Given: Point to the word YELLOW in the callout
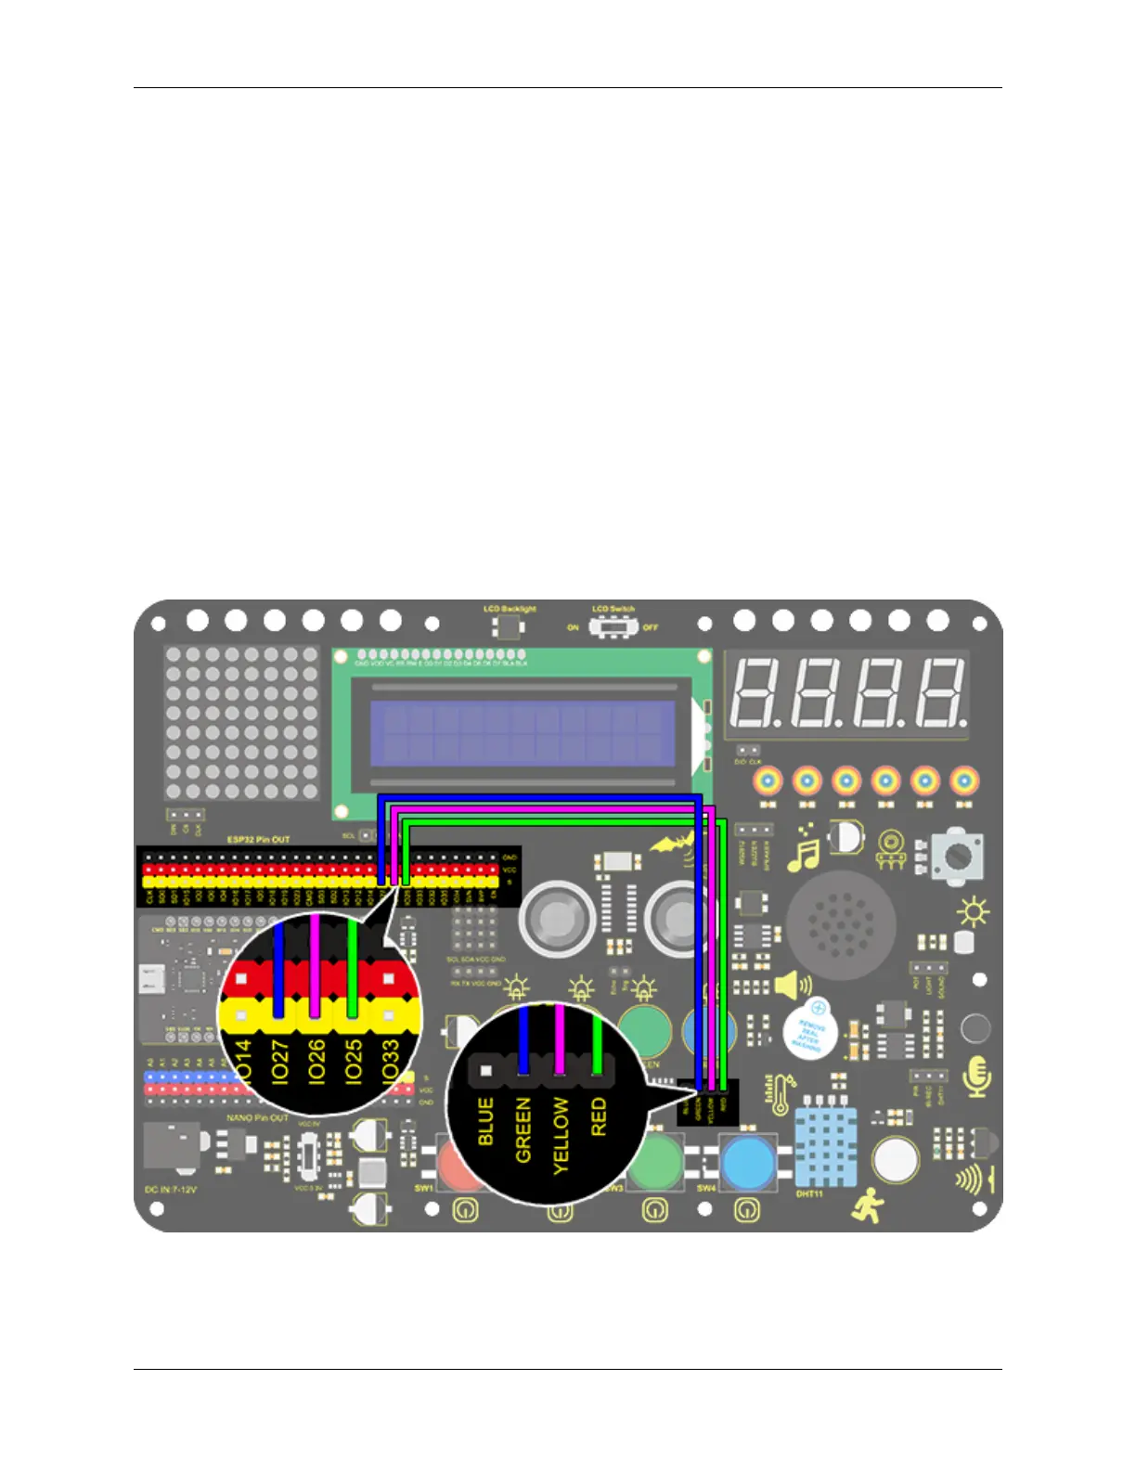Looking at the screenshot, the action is (561, 1135).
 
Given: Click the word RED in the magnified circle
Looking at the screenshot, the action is (599, 1116).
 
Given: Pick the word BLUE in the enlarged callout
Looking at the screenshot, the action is (485, 1121).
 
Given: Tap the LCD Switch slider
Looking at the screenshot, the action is (611, 627).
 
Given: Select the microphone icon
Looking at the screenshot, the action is (977, 1077).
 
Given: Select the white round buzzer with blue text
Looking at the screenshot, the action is (808, 1031).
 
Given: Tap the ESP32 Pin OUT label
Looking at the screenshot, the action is (259, 840).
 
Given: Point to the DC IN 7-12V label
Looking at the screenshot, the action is (171, 1189).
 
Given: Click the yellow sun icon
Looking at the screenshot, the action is (974, 913).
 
